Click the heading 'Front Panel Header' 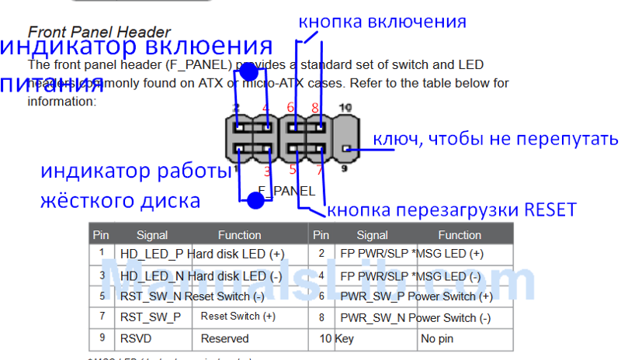[99, 32]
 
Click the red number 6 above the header [290, 108]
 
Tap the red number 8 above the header [315, 108]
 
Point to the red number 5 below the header [293, 168]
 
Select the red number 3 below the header [268, 170]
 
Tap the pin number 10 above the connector [345, 107]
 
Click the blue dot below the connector [255, 201]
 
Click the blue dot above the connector [248, 72]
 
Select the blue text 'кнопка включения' [384, 21]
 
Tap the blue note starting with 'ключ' [496, 139]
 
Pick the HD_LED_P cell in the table [152, 254]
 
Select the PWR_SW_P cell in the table [373, 296]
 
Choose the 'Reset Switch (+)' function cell [238, 317]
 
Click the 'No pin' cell [439, 338]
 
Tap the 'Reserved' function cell [224, 338]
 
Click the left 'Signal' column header [152, 234]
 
